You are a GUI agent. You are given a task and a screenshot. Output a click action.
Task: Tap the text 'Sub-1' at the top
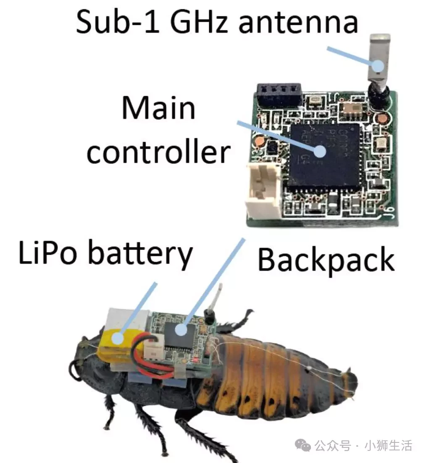[x=118, y=21]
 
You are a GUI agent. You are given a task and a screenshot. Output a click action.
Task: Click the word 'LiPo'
[x=47, y=253]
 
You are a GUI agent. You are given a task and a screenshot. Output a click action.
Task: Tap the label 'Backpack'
[x=326, y=260]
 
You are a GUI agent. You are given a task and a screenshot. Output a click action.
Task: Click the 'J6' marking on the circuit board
[x=390, y=212]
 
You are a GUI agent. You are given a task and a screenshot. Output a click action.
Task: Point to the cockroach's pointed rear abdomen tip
[x=354, y=381]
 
